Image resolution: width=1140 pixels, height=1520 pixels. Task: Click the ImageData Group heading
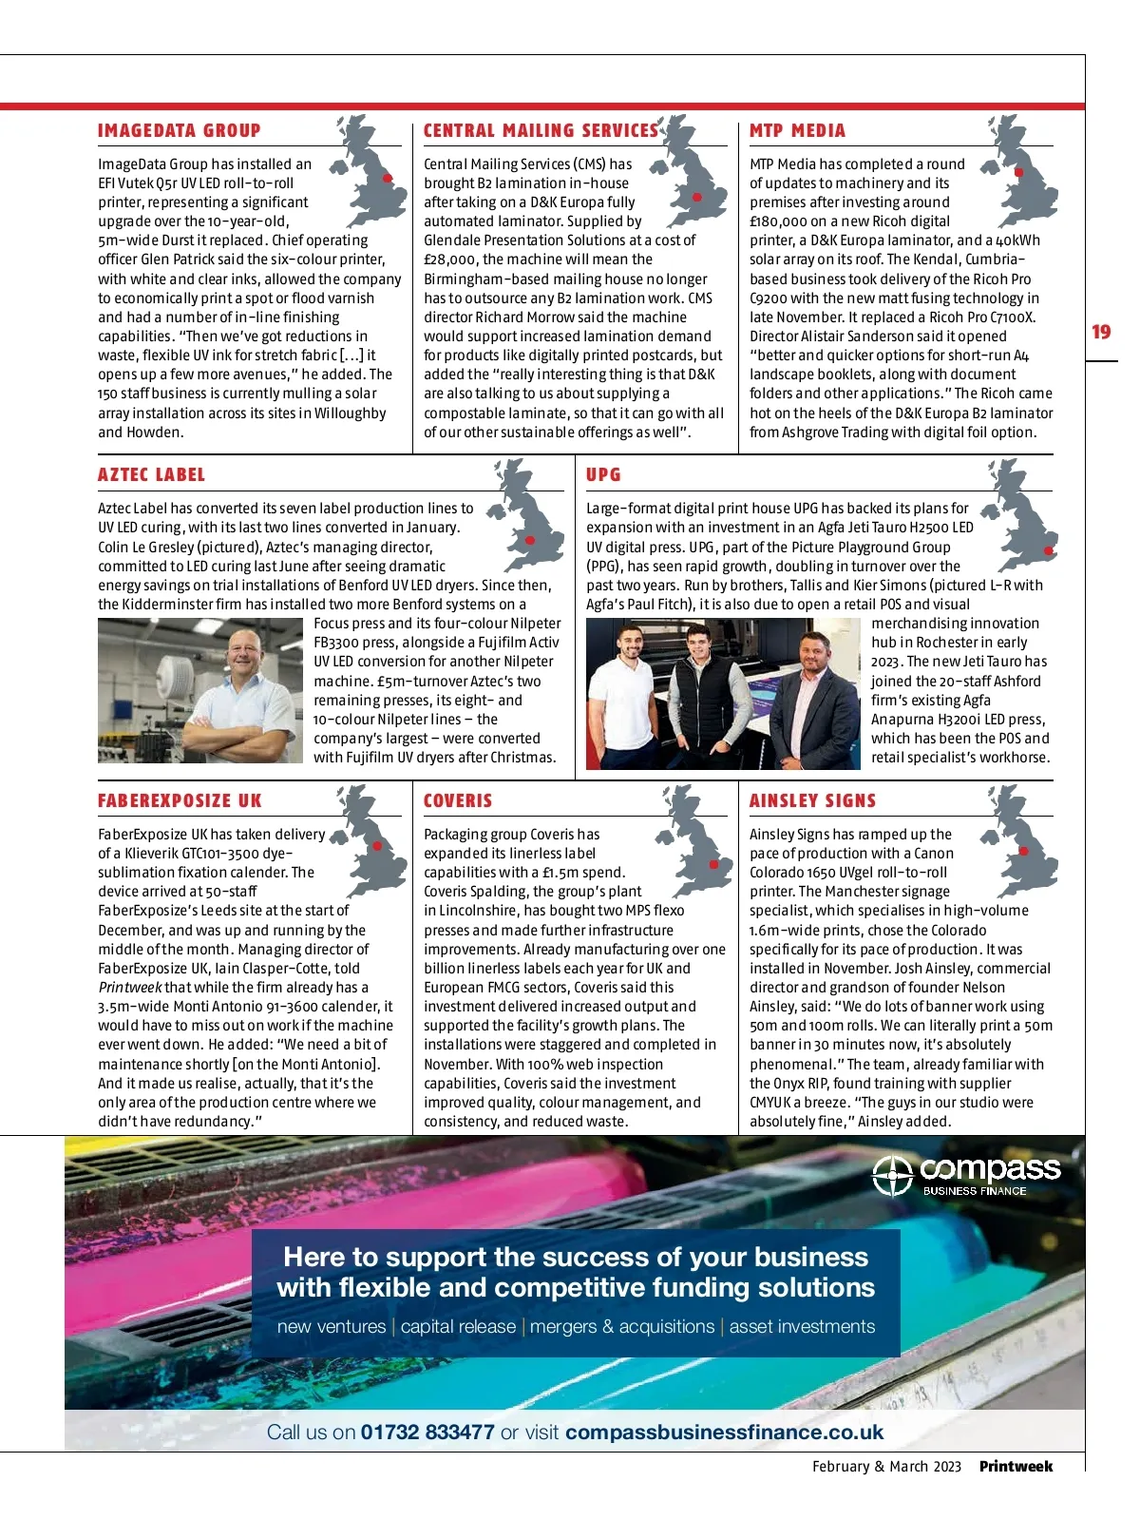tap(179, 131)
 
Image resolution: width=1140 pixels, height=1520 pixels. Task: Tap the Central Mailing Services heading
tap(540, 131)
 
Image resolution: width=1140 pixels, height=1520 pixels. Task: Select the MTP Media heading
tap(797, 131)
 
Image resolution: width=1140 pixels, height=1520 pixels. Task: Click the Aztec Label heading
tap(151, 475)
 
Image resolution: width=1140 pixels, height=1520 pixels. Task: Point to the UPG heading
tap(603, 475)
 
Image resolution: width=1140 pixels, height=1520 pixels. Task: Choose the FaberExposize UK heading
tap(180, 801)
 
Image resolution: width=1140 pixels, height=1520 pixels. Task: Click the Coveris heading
tap(458, 801)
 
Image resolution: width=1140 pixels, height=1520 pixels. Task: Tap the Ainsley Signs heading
tap(812, 801)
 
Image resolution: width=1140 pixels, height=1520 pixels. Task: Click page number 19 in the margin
tap(1101, 332)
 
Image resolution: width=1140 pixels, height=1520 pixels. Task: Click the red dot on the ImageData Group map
tap(388, 179)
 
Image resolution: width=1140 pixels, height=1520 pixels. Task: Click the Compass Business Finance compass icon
tap(893, 1177)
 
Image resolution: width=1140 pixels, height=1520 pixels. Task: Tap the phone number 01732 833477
tap(427, 1433)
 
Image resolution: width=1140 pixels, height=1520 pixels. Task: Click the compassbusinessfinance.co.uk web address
tap(724, 1433)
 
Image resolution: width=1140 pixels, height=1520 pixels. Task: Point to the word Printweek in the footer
tap(1016, 1467)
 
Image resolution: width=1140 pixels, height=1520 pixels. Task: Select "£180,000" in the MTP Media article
tap(778, 221)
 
